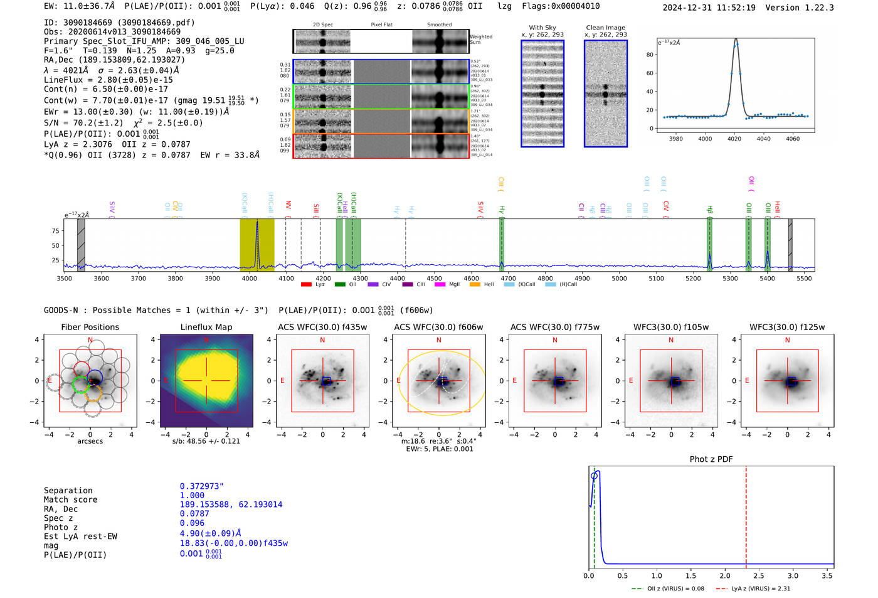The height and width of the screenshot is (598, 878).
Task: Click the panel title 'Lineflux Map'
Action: point(206,327)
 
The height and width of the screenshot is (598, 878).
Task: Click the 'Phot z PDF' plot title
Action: point(711,459)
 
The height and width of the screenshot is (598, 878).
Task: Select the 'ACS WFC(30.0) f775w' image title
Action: point(554,327)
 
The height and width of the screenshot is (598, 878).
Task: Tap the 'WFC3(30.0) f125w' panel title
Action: point(787,327)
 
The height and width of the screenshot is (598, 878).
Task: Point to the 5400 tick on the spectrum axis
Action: point(767,279)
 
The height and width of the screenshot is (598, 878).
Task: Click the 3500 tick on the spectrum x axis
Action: point(65,279)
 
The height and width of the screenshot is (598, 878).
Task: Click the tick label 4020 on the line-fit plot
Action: point(734,139)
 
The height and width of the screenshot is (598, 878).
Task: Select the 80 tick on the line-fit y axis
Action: point(650,55)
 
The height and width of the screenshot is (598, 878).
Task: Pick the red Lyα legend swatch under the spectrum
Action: point(306,285)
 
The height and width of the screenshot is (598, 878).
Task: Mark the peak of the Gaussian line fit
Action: point(736,40)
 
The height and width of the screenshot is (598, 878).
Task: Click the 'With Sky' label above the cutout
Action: point(542,28)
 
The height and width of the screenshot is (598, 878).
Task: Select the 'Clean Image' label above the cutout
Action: point(605,28)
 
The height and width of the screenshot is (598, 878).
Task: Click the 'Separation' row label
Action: point(68,491)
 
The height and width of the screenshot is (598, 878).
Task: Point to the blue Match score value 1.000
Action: point(192,495)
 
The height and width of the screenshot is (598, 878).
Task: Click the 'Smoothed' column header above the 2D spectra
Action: point(439,25)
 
